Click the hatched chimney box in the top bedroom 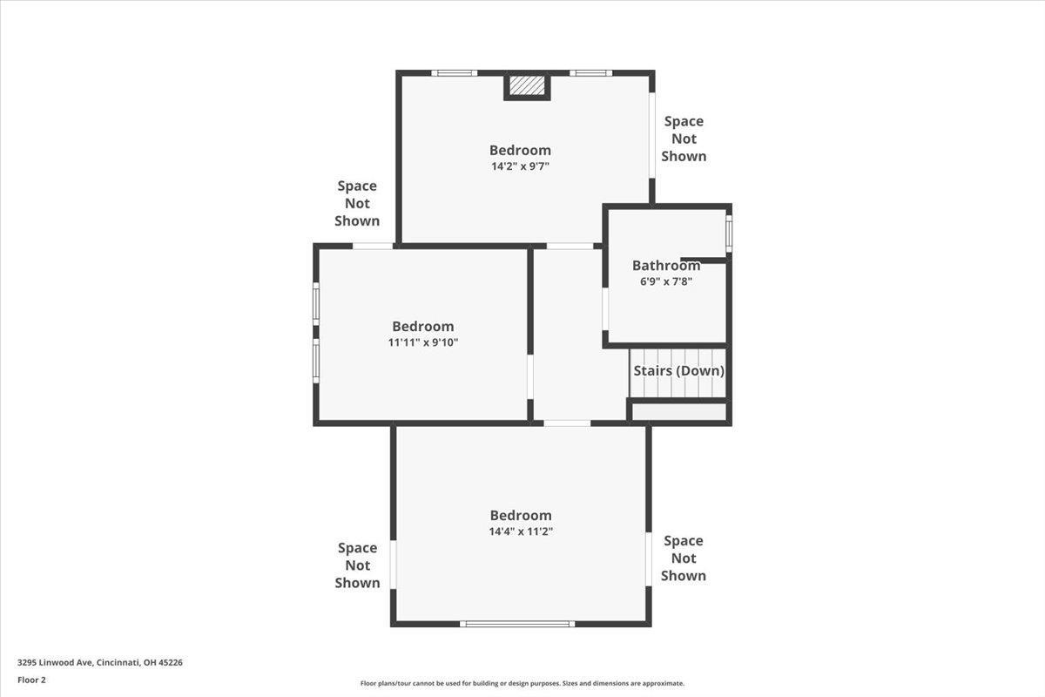coord(527,85)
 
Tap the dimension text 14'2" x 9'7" coord(520,166)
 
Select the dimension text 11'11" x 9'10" coord(423,342)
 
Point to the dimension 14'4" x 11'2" coord(521,531)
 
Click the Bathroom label coord(666,265)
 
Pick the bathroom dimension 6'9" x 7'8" coord(666,281)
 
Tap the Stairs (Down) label coord(678,370)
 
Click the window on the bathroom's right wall coord(729,233)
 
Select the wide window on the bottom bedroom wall coord(517,624)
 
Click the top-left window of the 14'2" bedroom coord(455,73)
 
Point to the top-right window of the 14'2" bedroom coord(590,73)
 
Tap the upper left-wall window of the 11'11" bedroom coord(316,303)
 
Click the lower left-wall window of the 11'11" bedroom coord(316,361)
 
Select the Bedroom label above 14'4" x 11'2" coord(521,516)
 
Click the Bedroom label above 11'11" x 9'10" coord(423,327)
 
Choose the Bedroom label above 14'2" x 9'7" coord(520,151)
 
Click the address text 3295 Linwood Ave coord(55,662)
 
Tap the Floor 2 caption coord(31,680)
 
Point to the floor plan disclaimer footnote coord(522,683)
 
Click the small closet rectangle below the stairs coord(678,412)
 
